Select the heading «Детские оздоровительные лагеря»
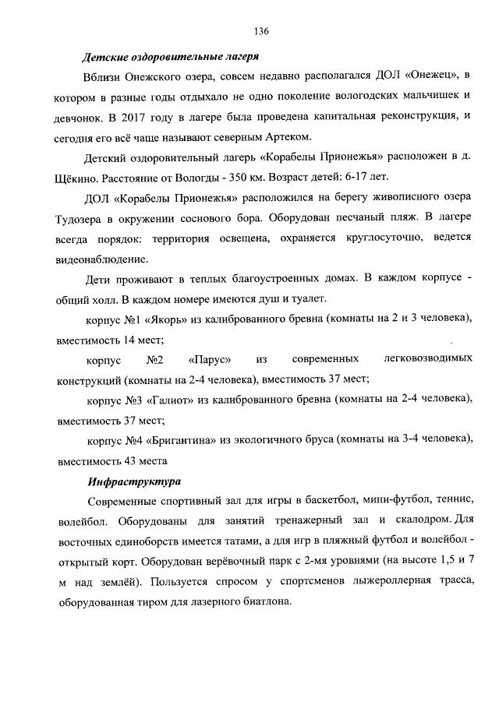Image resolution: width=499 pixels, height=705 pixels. pos(171,56)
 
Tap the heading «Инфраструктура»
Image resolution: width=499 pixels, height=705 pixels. pos(135,480)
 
